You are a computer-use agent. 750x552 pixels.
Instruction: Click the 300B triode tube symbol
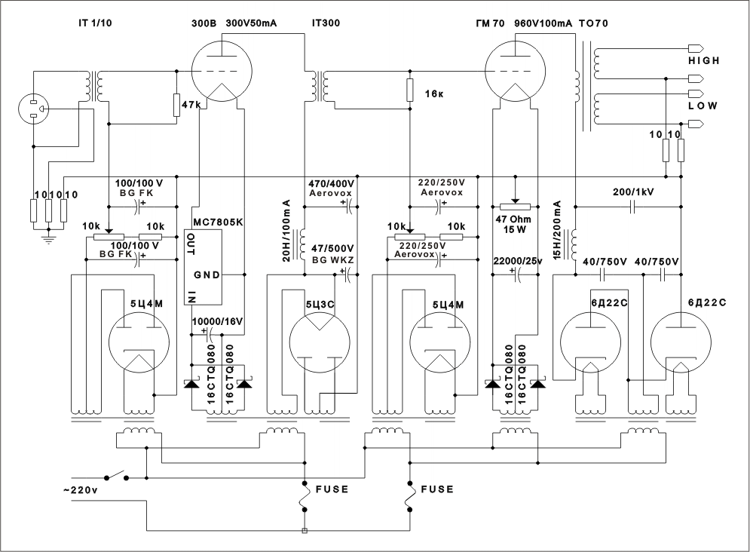click(x=222, y=72)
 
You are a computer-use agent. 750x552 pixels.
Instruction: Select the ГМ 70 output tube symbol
click(x=515, y=72)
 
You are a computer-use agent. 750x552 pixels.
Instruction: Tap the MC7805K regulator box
click(x=204, y=267)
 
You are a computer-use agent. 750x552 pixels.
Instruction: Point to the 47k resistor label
click(x=191, y=104)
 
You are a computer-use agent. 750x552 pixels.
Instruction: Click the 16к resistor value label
click(x=434, y=94)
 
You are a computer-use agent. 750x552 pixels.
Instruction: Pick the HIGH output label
click(x=703, y=61)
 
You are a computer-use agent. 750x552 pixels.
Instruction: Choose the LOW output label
click(x=703, y=106)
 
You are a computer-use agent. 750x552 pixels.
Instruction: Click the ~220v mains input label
click(x=81, y=490)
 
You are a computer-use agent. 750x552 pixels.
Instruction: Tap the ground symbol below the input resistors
click(x=47, y=238)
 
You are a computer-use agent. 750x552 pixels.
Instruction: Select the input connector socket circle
click(x=33, y=109)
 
